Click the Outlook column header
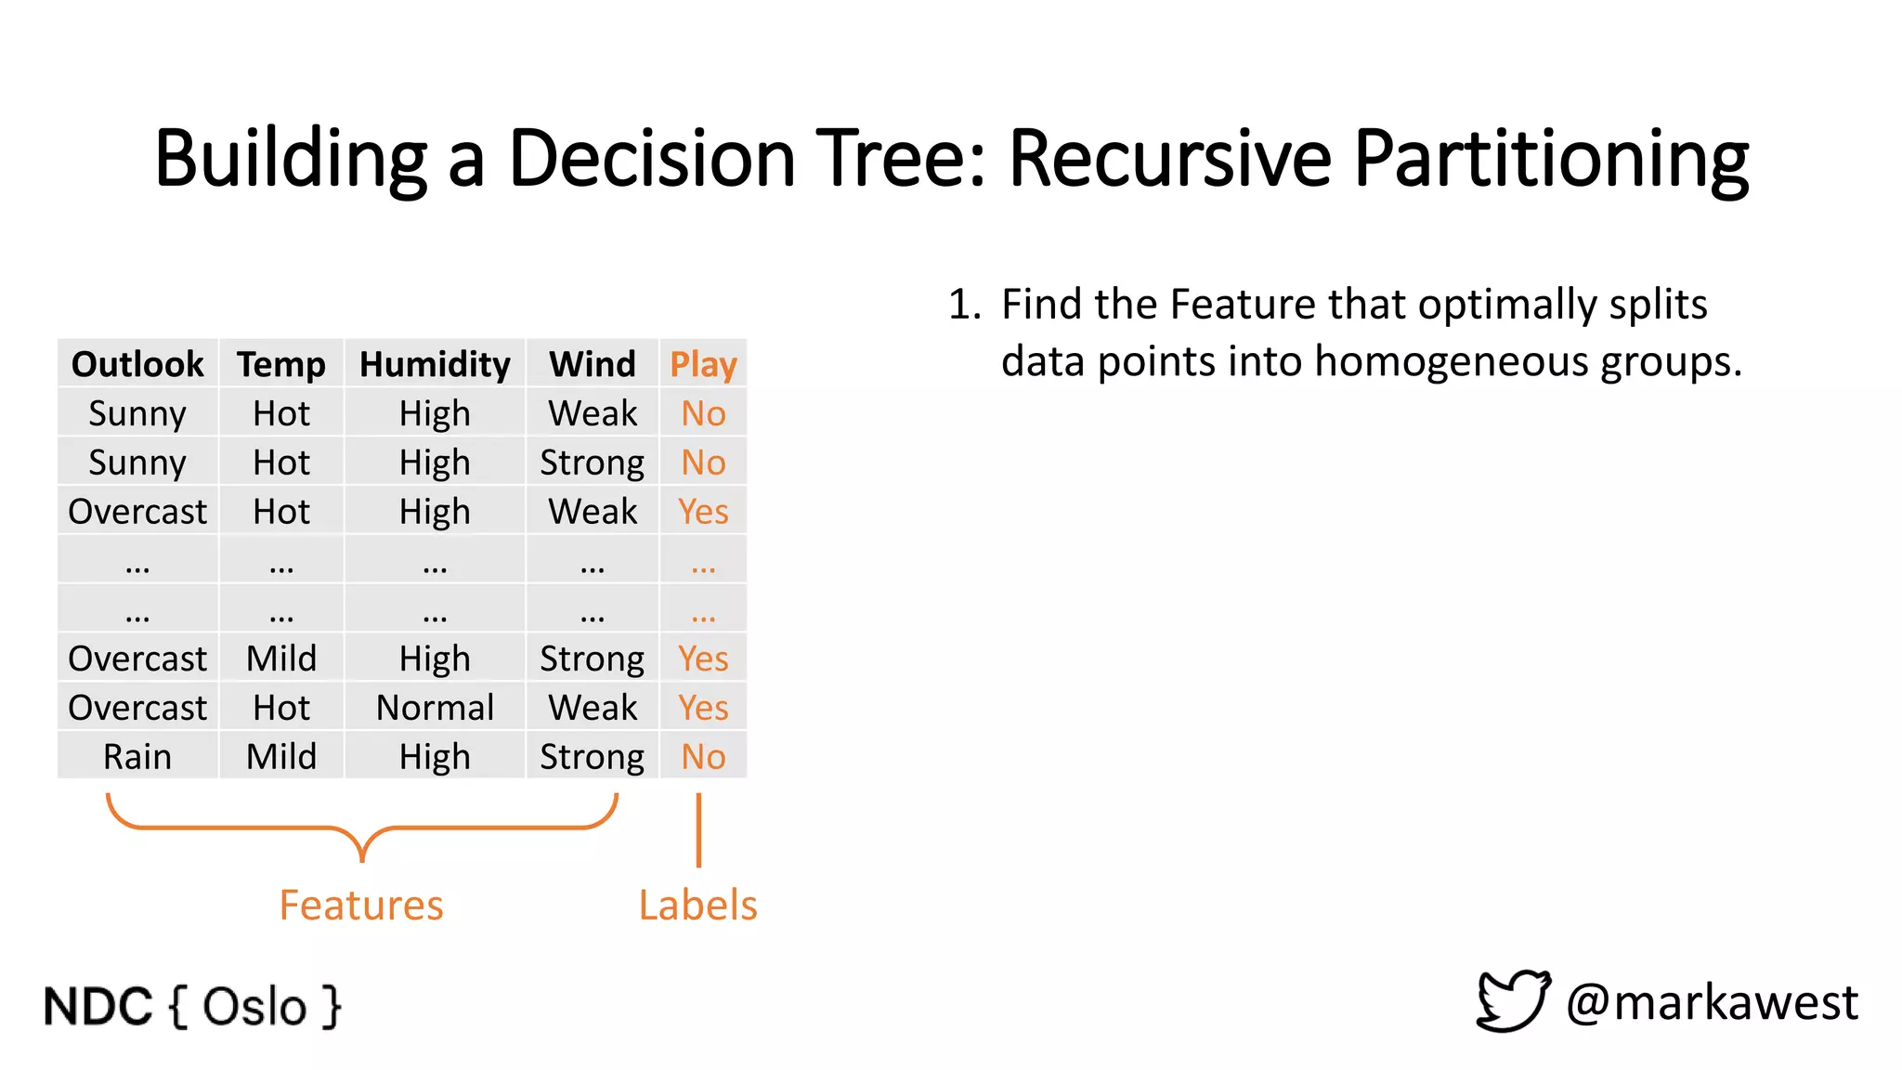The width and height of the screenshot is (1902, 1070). pyautogui.click(x=137, y=364)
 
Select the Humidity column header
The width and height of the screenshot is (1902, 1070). pyautogui.click(x=435, y=364)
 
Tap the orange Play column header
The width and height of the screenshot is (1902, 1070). pyautogui.click(x=703, y=364)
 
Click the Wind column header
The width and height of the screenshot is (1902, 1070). pyautogui.click(x=593, y=364)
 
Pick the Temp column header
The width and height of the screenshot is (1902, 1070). pyautogui.click(x=281, y=364)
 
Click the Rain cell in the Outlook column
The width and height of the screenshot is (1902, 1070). pyautogui.click(x=137, y=757)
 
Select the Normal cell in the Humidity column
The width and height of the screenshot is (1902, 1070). pyautogui.click(x=435, y=708)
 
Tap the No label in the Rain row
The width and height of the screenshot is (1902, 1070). pyautogui.click(x=703, y=757)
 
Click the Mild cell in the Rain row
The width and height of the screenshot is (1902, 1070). pyautogui.click(x=281, y=757)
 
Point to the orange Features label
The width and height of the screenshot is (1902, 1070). pyautogui.click(x=361, y=905)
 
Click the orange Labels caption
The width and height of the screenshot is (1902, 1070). pyautogui.click(x=697, y=905)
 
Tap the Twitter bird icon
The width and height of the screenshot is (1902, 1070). pyautogui.click(x=1513, y=1000)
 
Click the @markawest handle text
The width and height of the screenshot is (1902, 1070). pyautogui.click(x=1712, y=1002)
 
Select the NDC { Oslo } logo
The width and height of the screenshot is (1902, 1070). pyautogui.click(x=192, y=1007)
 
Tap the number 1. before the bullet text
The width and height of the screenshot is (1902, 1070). pyautogui.click(x=964, y=305)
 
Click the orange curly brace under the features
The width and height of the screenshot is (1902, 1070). pyautogui.click(x=362, y=826)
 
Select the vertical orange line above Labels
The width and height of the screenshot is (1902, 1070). pyautogui.click(x=698, y=829)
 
